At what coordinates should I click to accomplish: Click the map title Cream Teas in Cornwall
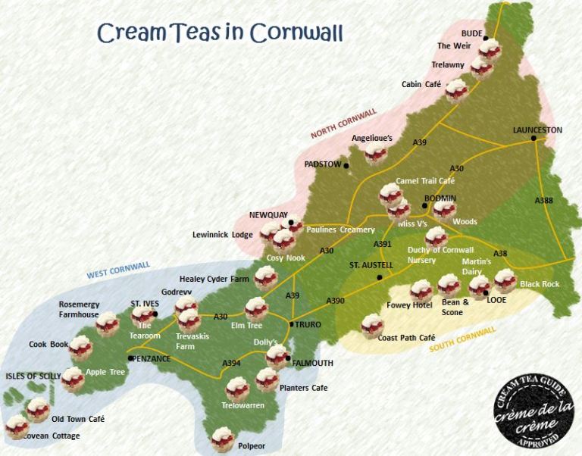point(220,33)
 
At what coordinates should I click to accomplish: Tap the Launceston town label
point(537,130)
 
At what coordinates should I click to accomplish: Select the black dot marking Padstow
point(346,165)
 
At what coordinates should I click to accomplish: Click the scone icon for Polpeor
point(222,438)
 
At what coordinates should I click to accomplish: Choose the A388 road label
point(544,201)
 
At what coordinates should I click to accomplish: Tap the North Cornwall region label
point(343,123)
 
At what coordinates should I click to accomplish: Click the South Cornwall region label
point(462,339)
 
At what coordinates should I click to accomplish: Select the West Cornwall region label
point(118,269)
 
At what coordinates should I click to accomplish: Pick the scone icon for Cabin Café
point(456,91)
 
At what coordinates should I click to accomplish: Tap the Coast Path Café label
point(406,338)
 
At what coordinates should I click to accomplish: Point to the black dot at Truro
point(292,324)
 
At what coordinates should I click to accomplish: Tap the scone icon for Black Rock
point(505,280)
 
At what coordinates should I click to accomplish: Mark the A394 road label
point(231,364)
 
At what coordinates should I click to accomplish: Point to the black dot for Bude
point(487,37)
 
